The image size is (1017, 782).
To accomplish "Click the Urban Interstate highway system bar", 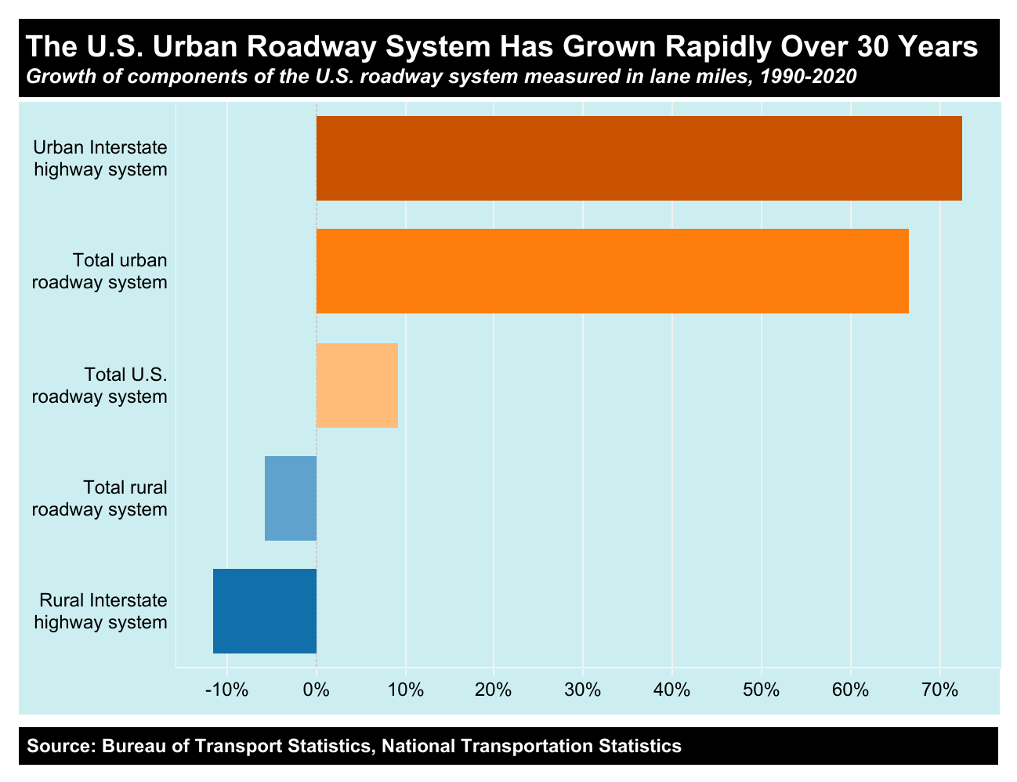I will coord(639,158).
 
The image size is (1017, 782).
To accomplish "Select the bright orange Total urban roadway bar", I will coord(612,271).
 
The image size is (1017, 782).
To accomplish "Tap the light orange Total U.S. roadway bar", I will coord(356,385).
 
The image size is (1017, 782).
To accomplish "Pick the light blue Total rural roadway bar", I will coord(291,498).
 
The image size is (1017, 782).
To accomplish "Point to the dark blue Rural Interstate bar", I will coord(265,611).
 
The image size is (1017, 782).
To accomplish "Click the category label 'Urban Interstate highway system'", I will coord(100,158).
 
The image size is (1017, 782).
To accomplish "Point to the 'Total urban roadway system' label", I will coord(100,271).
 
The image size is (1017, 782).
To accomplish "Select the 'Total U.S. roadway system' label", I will coord(100,385).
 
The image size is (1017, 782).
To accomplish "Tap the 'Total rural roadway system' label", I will coord(100,498).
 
